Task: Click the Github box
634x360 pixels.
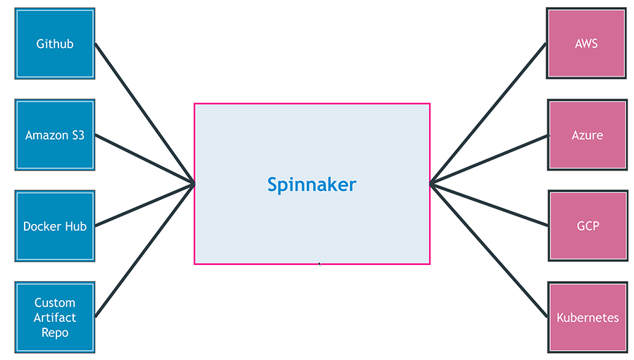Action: point(55,44)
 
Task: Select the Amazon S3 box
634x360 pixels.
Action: point(55,135)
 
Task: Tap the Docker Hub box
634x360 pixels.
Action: point(55,226)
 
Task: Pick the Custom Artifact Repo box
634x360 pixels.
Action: point(55,317)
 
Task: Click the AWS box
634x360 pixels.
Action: point(586,44)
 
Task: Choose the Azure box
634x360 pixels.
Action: point(587,135)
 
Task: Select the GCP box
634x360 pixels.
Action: point(587,226)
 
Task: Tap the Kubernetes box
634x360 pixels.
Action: point(587,317)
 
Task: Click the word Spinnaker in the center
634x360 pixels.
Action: point(311,185)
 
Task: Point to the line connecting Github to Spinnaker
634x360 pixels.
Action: point(144,113)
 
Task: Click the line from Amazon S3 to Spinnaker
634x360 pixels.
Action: point(144,159)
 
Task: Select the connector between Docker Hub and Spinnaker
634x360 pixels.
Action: point(144,205)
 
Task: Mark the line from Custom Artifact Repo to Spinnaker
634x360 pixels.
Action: point(144,250)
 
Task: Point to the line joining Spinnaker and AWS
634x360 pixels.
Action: point(487,113)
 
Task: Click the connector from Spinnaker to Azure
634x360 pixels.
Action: point(487,159)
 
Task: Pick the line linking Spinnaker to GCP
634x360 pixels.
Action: point(487,205)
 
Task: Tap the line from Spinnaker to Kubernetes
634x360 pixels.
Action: point(487,250)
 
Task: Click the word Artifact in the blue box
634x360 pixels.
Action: point(55,318)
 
